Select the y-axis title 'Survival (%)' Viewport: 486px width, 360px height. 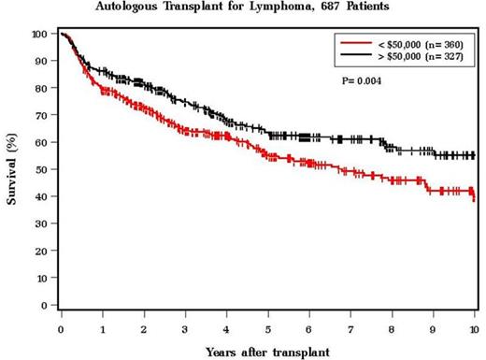pyautogui.click(x=12, y=171)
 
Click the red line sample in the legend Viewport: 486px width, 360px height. pyautogui.click(x=358, y=43)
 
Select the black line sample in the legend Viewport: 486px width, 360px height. pyautogui.click(x=358, y=56)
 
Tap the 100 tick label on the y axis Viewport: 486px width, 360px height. pyautogui.click(x=37, y=35)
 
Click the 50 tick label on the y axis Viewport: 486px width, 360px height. pyautogui.click(x=40, y=170)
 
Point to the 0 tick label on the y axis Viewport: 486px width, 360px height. pyautogui.click(x=43, y=306)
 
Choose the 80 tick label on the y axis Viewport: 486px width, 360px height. pyautogui.click(x=40, y=89)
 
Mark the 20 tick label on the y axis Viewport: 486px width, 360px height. pyautogui.click(x=40, y=252)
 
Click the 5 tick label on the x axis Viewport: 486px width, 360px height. pyautogui.click(x=268, y=329)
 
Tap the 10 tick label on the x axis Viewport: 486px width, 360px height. pyautogui.click(x=474, y=329)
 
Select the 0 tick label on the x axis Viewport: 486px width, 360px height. pyautogui.click(x=61, y=329)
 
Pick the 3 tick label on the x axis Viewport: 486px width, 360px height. pyautogui.click(x=185, y=329)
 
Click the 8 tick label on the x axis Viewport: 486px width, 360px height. pyautogui.click(x=393, y=329)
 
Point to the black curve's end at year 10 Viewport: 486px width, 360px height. pyautogui.click(x=474, y=155)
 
